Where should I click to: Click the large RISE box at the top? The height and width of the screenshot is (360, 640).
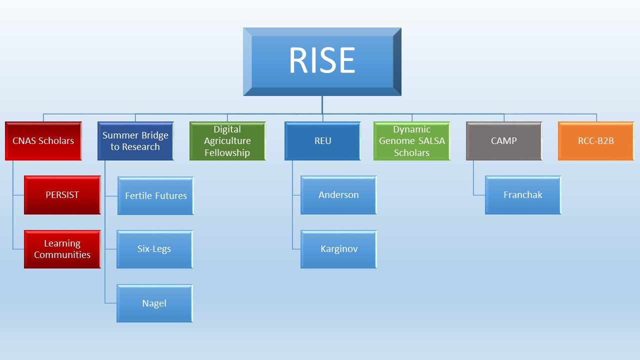click(x=322, y=61)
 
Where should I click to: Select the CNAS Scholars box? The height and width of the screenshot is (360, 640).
click(x=43, y=141)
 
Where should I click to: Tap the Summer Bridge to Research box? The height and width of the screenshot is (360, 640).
click(x=135, y=141)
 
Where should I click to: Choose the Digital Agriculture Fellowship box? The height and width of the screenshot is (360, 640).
click(x=227, y=141)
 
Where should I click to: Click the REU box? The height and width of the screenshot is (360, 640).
click(x=322, y=141)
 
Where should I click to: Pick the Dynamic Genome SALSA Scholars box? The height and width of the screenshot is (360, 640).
click(x=411, y=141)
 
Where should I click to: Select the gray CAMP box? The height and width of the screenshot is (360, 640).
click(x=504, y=141)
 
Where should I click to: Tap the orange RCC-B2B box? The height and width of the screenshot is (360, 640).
click(x=596, y=141)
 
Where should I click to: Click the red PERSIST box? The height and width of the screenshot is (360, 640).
click(x=62, y=195)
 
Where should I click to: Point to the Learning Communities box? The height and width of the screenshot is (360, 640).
click(x=62, y=249)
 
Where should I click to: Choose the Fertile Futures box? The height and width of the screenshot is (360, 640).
click(x=155, y=195)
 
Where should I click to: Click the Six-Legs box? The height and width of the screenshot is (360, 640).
click(x=154, y=249)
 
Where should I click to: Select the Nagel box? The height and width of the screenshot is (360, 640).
click(x=154, y=303)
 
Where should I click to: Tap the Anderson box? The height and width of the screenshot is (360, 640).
click(x=338, y=195)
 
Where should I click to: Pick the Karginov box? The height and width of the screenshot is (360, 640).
click(x=338, y=249)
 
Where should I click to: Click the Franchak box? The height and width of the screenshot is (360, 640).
click(x=523, y=195)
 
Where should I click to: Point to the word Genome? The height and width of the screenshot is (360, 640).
click(x=396, y=141)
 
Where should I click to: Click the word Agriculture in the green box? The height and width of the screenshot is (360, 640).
click(x=227, y=141)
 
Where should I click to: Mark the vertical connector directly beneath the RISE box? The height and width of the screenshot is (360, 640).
click(x=322, y=105)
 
